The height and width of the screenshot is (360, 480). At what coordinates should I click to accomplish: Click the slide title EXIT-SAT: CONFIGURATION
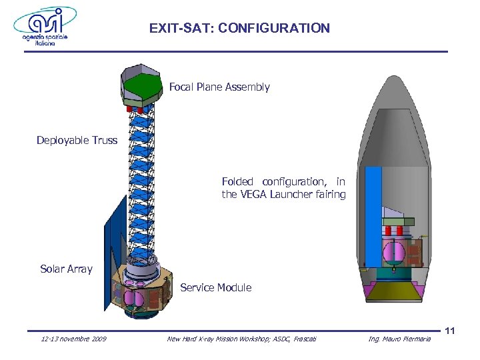point(239,28)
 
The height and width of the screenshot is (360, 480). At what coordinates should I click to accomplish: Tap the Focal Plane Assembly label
point(219,87)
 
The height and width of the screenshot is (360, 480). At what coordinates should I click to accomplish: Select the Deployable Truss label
point(77,140)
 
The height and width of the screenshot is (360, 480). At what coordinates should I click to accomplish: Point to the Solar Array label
point(66,269)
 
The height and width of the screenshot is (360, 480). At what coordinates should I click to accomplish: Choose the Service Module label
point(215,287)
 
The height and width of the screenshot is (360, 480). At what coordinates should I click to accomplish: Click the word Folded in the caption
point(237,181)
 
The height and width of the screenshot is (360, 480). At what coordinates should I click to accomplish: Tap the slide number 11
point(449,331)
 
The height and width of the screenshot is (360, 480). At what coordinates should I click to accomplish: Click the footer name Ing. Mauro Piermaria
point(399,340)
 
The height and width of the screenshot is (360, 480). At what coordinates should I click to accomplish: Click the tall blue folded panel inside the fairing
point(373,213)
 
